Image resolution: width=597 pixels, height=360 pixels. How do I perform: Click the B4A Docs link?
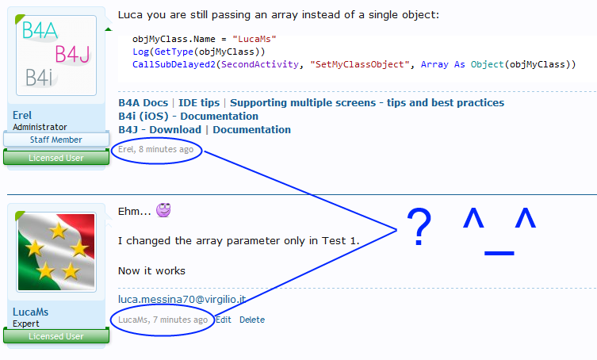point(144,103)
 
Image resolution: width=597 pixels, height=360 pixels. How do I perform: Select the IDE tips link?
point(199,103)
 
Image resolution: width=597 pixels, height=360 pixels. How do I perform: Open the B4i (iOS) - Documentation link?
point(188,117)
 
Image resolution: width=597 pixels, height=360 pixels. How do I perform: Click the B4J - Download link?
point(160,130)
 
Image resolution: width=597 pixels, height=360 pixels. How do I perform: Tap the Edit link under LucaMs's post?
point(224,320)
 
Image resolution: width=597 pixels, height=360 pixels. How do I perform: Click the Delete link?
point(252,320)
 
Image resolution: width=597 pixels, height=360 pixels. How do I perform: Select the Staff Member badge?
point(56,140)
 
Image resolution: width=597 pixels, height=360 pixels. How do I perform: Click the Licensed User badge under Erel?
point(56,158)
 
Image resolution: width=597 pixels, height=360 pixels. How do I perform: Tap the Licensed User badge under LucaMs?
point(56,336)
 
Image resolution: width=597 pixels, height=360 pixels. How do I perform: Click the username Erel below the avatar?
point(22,115)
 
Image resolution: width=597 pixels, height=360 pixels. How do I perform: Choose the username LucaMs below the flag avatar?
point(30,312)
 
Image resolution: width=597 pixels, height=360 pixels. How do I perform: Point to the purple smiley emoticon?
point(163,209)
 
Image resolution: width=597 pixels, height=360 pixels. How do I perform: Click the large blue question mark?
point(419,227)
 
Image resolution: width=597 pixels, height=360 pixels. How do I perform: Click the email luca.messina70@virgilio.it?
point(182,300)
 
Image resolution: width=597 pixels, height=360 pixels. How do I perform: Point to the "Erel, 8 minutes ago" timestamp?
point(155,149)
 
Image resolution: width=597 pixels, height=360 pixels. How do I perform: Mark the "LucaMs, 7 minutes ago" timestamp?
point(163,320)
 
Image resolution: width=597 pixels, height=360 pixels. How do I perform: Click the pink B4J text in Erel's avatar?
point(73,54)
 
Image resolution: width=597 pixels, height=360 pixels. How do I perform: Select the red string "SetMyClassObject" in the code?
point(360,64)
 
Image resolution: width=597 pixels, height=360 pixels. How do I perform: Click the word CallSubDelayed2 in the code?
point(174,64)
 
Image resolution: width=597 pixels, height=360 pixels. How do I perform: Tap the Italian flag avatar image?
point(56,252)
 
